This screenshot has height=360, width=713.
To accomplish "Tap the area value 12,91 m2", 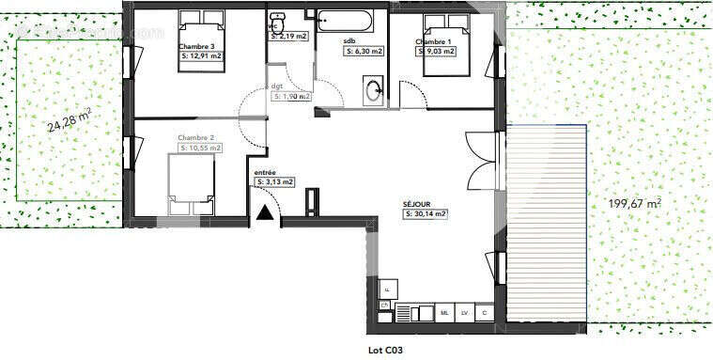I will [200, 56].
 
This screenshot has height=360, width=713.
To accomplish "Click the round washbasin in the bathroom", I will [374, 90].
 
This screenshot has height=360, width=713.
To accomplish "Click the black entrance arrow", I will [266, 215].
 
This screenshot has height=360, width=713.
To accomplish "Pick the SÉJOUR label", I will [416, 204].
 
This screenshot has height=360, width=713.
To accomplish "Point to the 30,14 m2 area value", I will [426, 214].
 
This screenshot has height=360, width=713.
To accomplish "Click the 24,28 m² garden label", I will [70, 120].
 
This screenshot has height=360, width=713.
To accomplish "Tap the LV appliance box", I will [464, 311].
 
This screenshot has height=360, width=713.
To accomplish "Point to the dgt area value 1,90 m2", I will [290, 96].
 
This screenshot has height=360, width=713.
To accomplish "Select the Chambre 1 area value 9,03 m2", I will [436, 52].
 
